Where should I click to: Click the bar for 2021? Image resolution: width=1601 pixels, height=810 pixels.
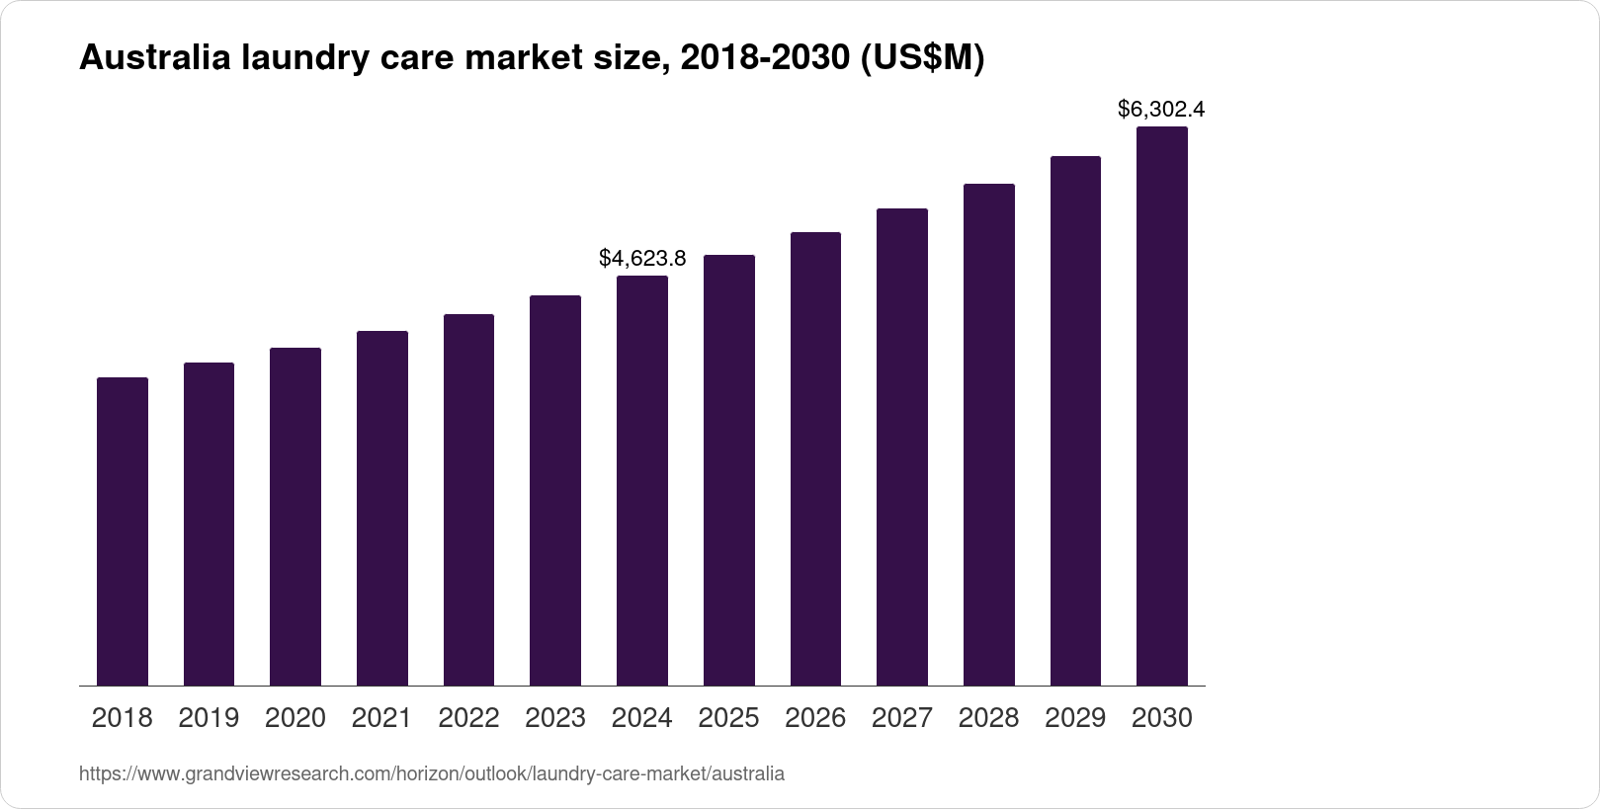point(382,508)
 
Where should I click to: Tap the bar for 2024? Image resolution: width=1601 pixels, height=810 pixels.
point(642,480)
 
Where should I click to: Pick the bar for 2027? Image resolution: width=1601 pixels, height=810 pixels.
point(902,446)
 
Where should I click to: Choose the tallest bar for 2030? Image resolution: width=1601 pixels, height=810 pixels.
point(1162,406)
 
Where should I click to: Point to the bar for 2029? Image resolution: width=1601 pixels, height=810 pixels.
point(1075,421)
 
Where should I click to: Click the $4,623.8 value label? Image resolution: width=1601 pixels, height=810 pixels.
point(642,259)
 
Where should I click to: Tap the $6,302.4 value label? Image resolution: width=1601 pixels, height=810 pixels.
point(1161,110)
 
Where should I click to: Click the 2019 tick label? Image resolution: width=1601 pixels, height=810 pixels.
point(209,718)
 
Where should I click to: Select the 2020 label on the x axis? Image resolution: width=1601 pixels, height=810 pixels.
point(295,718)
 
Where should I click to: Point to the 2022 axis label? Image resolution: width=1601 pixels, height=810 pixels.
point(468,718)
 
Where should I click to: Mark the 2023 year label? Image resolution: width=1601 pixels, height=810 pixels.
point(555,718)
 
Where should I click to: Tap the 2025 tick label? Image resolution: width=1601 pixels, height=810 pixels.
point(729,718)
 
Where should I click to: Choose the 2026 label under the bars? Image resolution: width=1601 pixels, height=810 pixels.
point(815,718)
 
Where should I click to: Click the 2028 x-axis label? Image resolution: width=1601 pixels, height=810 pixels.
point(988,718)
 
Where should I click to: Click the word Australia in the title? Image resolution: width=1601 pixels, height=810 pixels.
point(155,59)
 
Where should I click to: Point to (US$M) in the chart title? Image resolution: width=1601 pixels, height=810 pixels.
point(921,59)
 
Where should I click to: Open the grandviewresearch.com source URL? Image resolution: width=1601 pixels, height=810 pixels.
point(432,774)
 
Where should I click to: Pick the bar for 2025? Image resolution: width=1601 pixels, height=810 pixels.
point(729,470)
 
